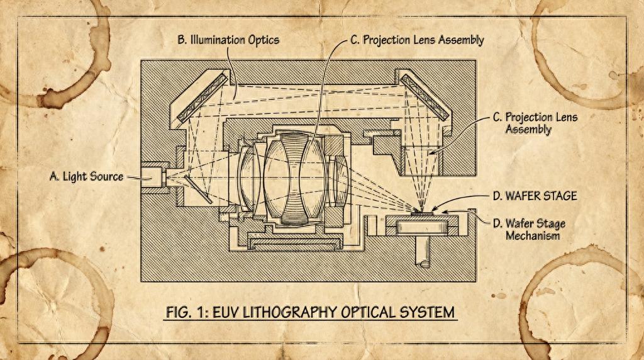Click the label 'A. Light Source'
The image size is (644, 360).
pyautogui.click(x=86, y=176)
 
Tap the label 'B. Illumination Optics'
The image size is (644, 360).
pyautogui.click(x=228, y=40)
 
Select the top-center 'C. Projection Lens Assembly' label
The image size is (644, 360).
pyautogui.click(x=417, y=40)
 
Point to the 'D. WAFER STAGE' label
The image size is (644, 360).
pyautogui.click(x=535, y=196)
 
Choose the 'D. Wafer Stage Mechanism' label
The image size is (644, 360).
pyautogui.click(x=526, y=230)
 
